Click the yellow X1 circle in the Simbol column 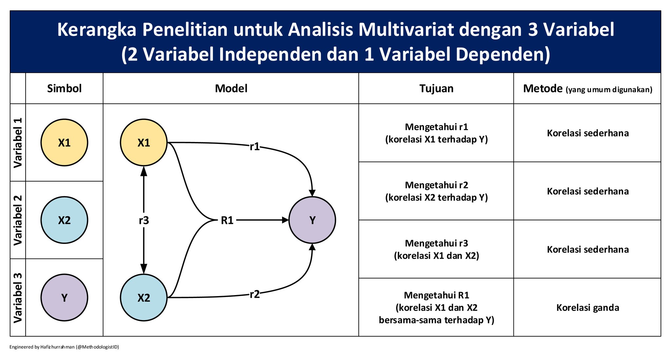64,143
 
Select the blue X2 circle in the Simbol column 64,220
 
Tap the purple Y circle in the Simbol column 64,298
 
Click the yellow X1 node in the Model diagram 144,143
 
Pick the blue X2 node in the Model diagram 144,298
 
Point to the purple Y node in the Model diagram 312,220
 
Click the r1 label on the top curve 255,147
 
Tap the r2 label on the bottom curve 255,294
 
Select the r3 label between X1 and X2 144,221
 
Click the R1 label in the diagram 227,220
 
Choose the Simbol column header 64,89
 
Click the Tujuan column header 436,89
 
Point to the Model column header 231,89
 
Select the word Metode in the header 543,89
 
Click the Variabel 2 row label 18,220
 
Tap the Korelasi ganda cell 587,308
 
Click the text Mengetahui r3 436,243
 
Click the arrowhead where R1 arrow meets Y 285,220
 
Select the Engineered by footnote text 64,347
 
